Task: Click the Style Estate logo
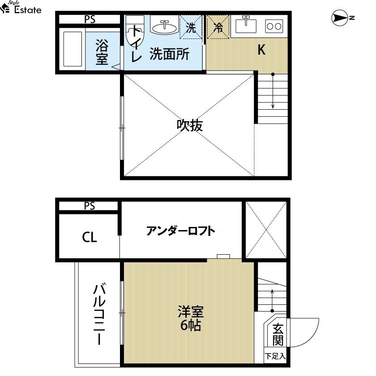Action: [x=21, y=7]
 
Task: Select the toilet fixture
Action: [x=135, y=31]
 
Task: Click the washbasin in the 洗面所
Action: [x=165, y=27]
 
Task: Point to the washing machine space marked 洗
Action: [x=191, y=26]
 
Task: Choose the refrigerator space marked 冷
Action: [x=218, y=26]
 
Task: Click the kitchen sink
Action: [x=246, y=25]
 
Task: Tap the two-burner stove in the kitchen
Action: [x=274, y=26]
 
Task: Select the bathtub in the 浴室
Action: [x=73, y=49]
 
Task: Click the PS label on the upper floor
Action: [x=90, y=19]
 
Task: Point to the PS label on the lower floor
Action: [x=90, y=206]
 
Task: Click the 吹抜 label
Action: [x=190, y=125]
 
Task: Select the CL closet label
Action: [x=89, y=237]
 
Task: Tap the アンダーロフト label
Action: [x=180, y=231]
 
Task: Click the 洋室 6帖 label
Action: [x=191, y=318]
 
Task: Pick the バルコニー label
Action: [x=99, y=314]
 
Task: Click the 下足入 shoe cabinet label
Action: [x=275, y=356]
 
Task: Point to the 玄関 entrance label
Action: [x=278, y=334]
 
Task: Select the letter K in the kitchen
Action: [x=261, y=50]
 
